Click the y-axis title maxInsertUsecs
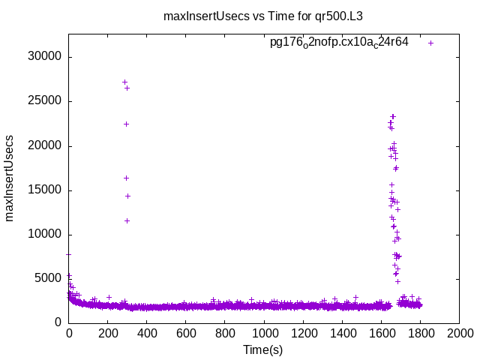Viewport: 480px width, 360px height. coord(10,178)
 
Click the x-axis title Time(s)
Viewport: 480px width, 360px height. coord(263,349)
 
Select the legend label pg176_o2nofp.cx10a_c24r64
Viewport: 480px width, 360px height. coord(339,42)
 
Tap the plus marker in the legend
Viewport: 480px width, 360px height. coord(430,43)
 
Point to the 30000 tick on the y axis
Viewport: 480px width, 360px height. coord(45,57)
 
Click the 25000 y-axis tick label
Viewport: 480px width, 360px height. coord(45,101)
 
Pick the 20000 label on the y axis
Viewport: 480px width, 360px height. coord(45,145)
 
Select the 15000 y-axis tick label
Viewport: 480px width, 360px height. coord(45,190)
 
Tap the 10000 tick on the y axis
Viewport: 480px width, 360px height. coord(45,234)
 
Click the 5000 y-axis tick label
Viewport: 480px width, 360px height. coord(48,278)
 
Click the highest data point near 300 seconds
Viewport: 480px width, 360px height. coord(124,82)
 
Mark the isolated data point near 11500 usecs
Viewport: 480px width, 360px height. coord(127,220)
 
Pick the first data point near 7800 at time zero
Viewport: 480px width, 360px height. coord(69,254)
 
